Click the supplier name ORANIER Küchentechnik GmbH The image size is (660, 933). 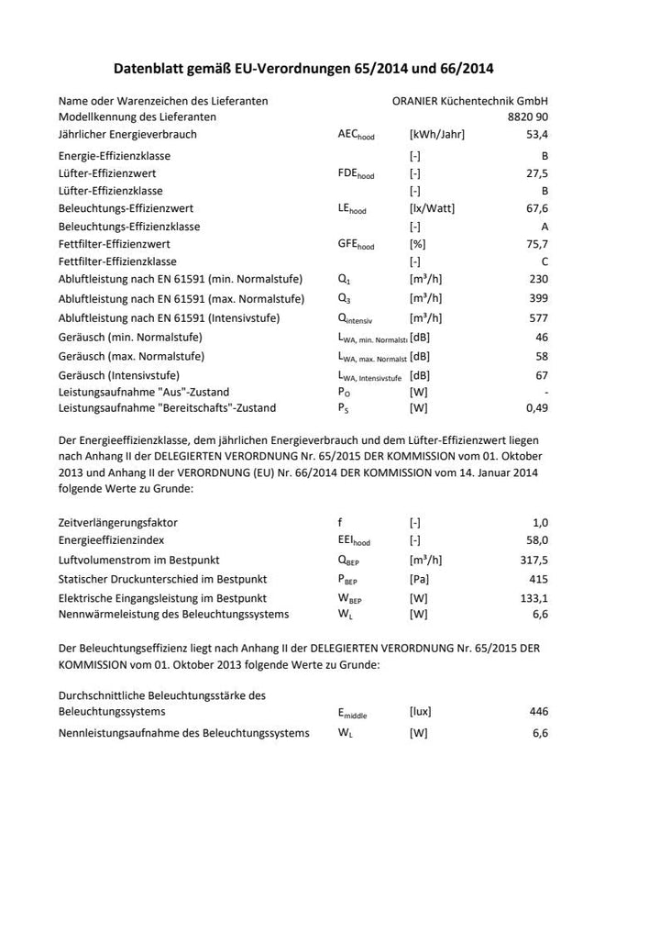[469, 101]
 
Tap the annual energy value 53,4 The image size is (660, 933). [536, 135]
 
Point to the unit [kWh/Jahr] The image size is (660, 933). [437, 135]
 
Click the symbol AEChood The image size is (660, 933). [356, 136]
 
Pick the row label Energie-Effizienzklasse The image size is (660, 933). [115, 156]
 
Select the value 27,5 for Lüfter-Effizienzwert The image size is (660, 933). [536, 173]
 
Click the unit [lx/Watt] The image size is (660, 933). [432, 208]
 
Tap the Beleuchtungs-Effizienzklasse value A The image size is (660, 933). [544, 227]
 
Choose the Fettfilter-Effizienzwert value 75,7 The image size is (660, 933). [536, 244]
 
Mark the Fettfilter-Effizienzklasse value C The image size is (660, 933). [544, 261]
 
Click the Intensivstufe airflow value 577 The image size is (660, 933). [538, 318]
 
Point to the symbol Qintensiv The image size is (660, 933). [357, 319]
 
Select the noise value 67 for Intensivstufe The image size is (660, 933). [541, 376]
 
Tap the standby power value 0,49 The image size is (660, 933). [536, 408]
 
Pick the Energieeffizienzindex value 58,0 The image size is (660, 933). [536, 540]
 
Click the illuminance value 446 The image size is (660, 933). [538, 711]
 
